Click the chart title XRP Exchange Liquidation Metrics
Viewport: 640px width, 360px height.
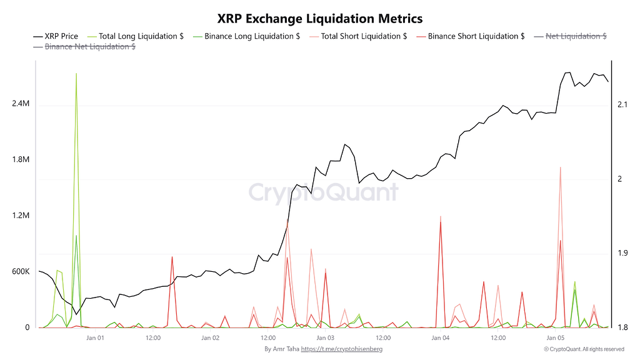tap(319, 19)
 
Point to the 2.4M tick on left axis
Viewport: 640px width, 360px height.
tap(21, 104)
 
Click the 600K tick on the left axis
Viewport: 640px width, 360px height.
tap(21, 272)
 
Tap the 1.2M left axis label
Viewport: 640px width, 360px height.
tap(21, 216)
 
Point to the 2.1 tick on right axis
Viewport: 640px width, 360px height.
tap(623, 104)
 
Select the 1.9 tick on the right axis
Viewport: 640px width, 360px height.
tap(623, 253)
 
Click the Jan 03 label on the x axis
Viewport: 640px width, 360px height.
tap(325, 338)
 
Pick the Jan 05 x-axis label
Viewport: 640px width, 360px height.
tap(556, 338)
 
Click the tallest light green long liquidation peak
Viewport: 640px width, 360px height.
tap(76, 74)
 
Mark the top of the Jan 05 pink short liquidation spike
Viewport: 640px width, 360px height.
tap(560, 167)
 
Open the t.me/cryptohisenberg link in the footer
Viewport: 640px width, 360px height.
tap(341, 349)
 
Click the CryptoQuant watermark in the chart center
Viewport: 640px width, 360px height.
tap(324, 192)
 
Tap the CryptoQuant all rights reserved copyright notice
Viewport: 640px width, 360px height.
tap(583, 349)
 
